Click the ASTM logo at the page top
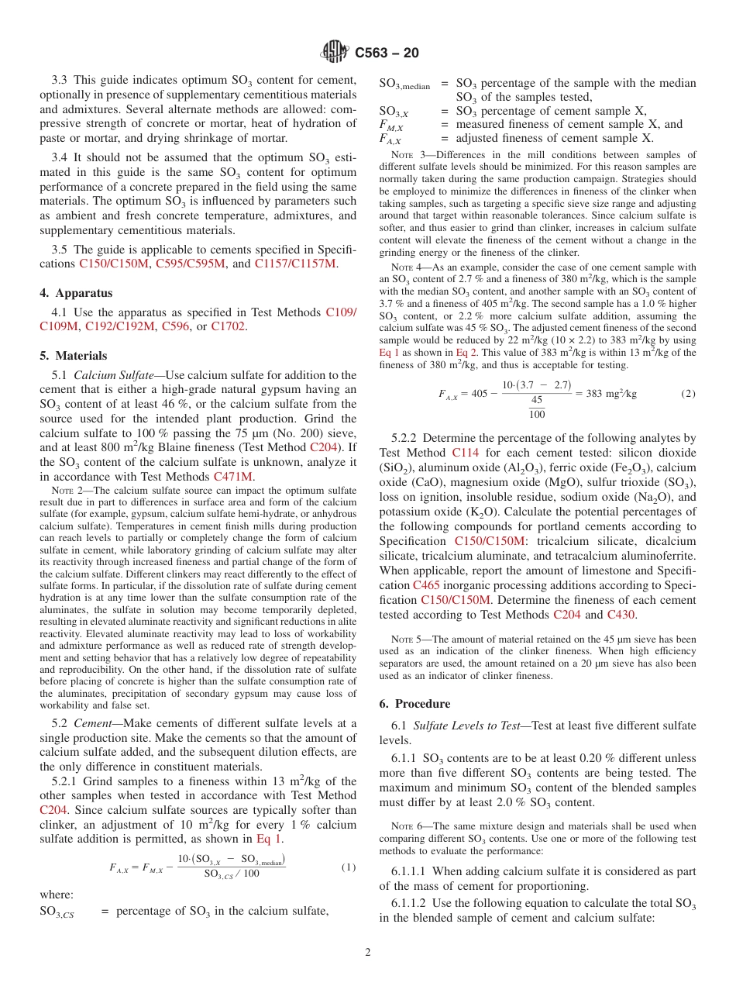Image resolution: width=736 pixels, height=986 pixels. tap(335, 53)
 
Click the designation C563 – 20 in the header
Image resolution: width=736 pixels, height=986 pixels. tap(387, 53)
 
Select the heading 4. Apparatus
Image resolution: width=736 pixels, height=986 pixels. tap(76, 293)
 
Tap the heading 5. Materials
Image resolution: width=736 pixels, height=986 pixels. tap(74, 356)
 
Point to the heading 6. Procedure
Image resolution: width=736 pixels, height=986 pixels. tap(414, 704)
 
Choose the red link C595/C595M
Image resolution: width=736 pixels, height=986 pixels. tap(191, 264)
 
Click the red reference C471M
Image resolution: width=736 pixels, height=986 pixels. tap(233, 477)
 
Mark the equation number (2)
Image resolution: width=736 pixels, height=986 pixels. tap(688, 393)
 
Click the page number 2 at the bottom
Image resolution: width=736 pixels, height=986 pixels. tap(368, 953)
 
